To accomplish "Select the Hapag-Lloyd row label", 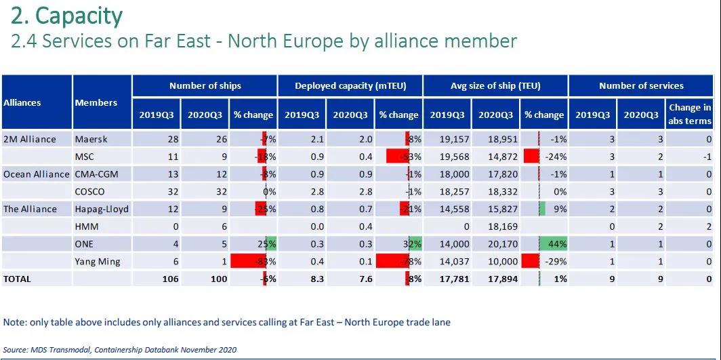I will click(102, 209).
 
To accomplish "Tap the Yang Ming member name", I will click(98, 261).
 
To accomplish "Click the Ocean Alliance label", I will click(36, 174).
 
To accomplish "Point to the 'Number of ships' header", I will click(205, 85).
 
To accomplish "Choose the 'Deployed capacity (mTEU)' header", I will click(350, 85).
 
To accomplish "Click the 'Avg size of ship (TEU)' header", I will click(495, 85).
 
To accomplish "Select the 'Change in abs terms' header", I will click(689, 114).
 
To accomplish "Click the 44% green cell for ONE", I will click(553, 243).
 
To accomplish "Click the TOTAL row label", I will click(18, 279).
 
